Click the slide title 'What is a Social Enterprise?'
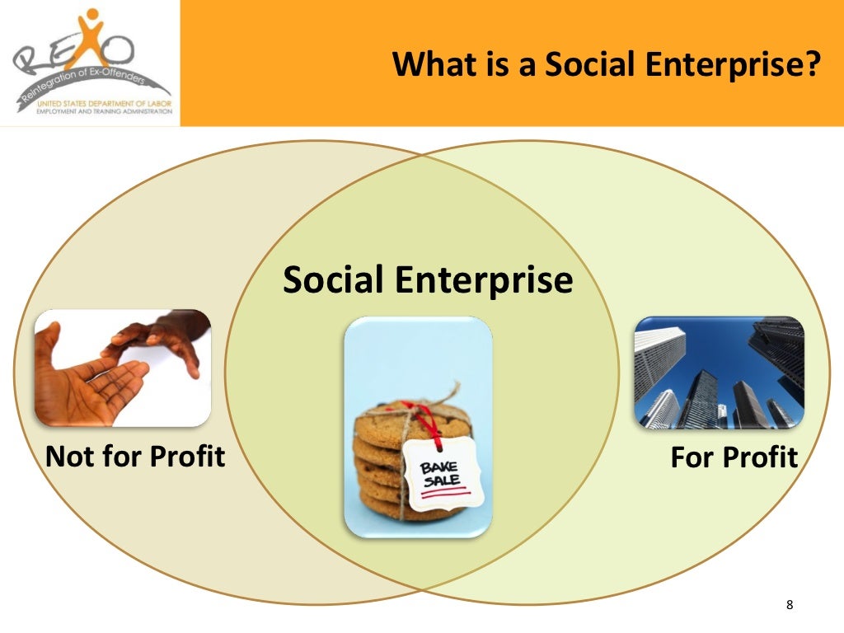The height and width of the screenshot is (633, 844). pyautogui.click(x=607, y=63)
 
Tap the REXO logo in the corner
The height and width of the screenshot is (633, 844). pyautogui.click(x=90, y=63)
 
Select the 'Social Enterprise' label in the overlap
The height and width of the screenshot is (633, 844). pyautogui.click(x=427, y=280)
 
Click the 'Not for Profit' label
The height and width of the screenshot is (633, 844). pyautogui.click(x=135, y=456)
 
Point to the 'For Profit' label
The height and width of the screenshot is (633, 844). pyautogui.click(x=734, y=457)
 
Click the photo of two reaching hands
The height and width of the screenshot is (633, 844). pyautogui.click(x=123, y=368)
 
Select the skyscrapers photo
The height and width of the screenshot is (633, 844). pyautogui.click(x=718, y=373)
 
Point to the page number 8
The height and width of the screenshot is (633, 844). pyautogui.click(x=790, y=606)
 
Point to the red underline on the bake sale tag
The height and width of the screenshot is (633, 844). pyautogui.click(x=446, y=492)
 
